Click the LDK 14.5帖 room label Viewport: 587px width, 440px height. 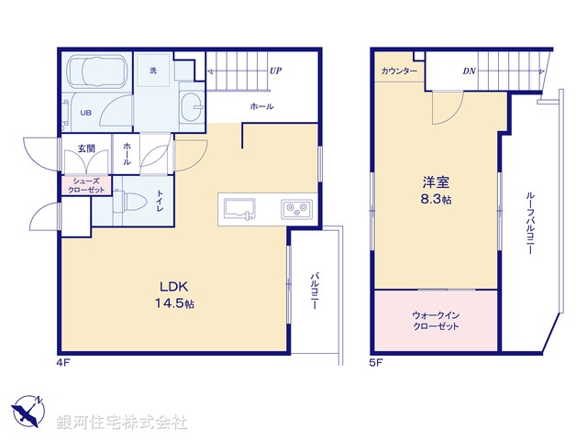[x=173, y=293]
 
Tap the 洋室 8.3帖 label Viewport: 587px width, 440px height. [x=437, y=190]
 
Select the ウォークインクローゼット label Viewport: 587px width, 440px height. [x=437, y=320]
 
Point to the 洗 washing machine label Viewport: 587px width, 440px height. [x=152, y=70]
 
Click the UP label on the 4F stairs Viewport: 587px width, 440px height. [x=275, y=70]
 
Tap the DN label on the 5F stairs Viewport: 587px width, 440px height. [x=469, y=71]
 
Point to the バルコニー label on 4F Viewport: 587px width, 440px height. [x=315, y=291]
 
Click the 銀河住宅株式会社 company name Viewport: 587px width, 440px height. [x=122, y=422]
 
